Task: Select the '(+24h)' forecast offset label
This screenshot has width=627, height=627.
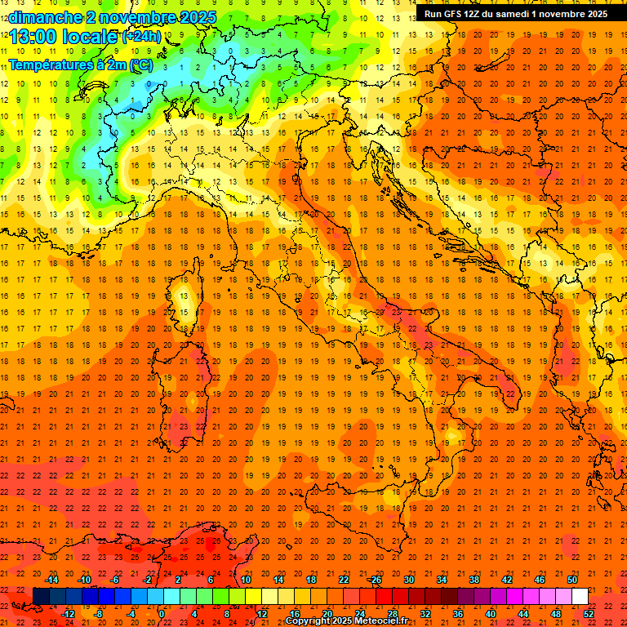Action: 142,37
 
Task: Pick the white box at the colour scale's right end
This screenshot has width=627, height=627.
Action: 580,596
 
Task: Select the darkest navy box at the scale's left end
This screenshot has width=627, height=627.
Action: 41,596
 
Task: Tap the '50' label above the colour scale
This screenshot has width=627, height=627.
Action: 572,580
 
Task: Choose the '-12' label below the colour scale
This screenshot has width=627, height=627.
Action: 69,614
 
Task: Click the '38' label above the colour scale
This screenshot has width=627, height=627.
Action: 474,580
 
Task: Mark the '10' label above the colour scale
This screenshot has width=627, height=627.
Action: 246,580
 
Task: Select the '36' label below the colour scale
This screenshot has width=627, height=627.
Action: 458,614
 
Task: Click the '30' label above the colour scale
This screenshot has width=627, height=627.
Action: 408,580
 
